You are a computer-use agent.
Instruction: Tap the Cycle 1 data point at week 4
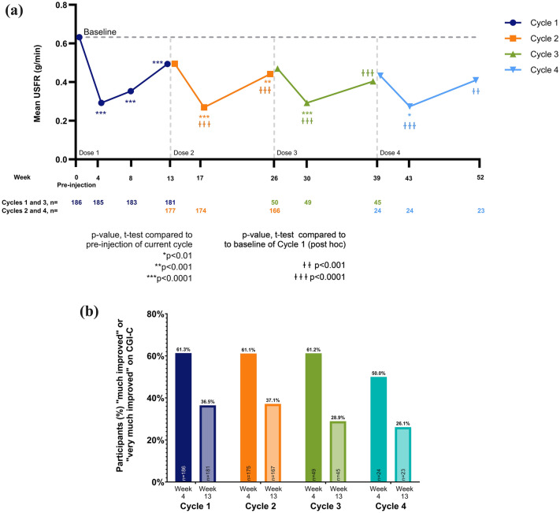click(101, 102)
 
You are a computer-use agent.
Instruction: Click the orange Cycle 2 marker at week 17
click(204, 107)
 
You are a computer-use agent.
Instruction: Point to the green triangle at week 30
click(307, 102)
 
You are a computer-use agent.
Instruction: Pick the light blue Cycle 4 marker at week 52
click(477, 80)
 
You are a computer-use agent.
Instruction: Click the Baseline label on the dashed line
click(100, 32)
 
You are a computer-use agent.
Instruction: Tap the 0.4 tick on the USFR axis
click(60, 83)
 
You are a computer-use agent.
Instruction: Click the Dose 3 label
click(287, 152)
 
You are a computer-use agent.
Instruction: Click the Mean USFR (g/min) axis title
click(37, 83)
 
